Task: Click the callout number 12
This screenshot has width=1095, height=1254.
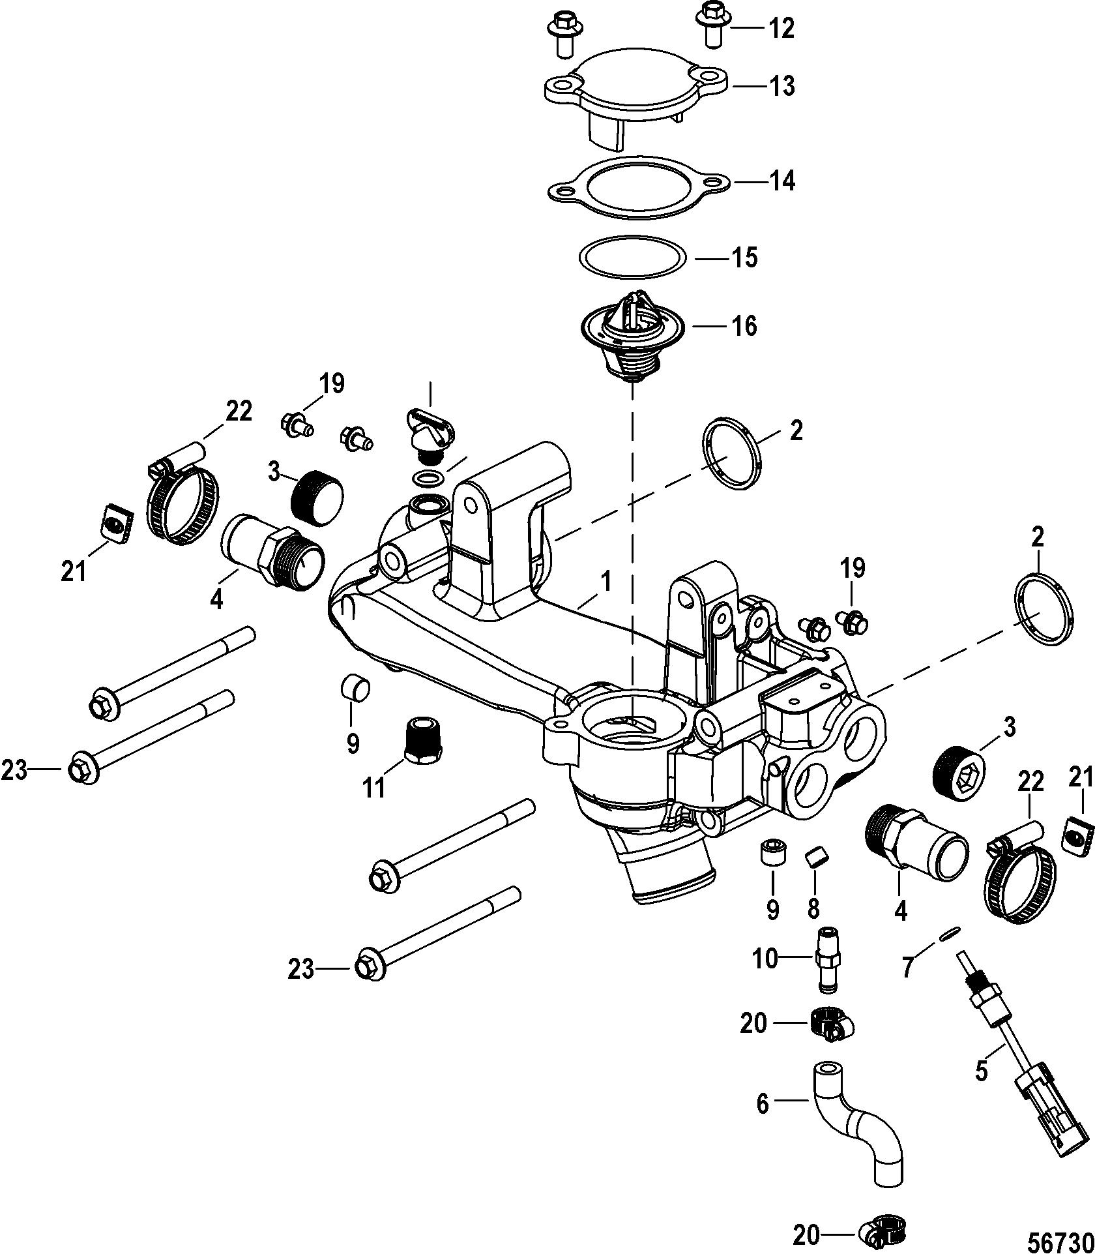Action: (781, 29)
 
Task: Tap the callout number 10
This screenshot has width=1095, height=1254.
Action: (765, 977)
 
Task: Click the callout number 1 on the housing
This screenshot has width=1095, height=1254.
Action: (606, 581)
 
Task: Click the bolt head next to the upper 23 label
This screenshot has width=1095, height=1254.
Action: (81, 771)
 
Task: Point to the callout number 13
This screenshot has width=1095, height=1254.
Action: (781, 86)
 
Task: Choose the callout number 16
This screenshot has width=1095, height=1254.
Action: (743, 325)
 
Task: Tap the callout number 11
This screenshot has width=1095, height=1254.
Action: (374, 788)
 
